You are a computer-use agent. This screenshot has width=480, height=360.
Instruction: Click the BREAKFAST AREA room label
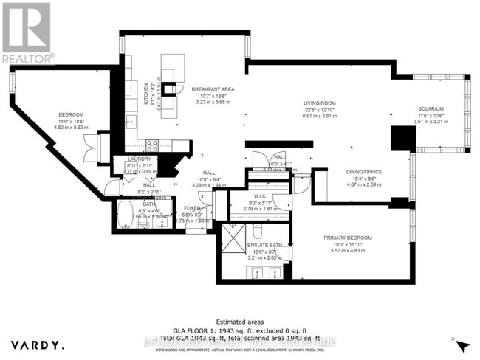point(213,89)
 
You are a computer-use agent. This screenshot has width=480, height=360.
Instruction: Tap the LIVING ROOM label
point(320,103)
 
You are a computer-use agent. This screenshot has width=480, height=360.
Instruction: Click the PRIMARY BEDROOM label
point(352,238)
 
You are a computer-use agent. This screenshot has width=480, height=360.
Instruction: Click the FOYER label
point(193,209)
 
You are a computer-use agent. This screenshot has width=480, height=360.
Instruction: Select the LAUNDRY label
point(139,159)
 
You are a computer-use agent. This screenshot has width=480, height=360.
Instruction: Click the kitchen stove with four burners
point(153,145)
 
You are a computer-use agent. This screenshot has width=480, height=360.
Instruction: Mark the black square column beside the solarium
point(402,139)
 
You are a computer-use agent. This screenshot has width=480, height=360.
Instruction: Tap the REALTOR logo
point(27,33)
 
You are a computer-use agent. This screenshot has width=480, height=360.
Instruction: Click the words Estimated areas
point(239,321)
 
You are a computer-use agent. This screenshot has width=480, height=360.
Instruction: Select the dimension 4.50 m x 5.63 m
point(72,127)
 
